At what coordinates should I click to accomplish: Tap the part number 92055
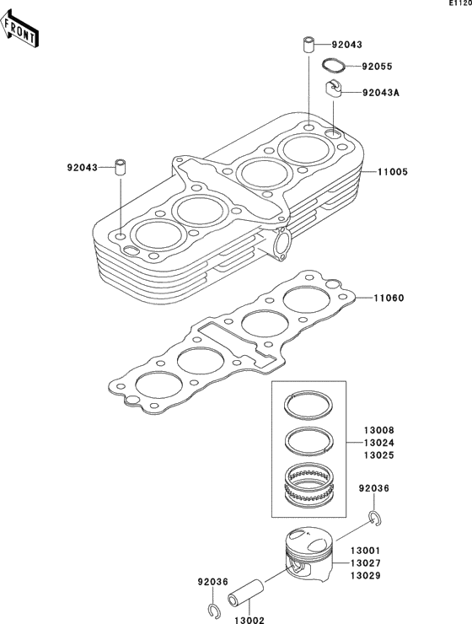click(378, 66)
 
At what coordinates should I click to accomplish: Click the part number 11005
click(392, 171)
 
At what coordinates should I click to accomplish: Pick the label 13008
click(379, 430)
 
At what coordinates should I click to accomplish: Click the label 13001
click(367, 550)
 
